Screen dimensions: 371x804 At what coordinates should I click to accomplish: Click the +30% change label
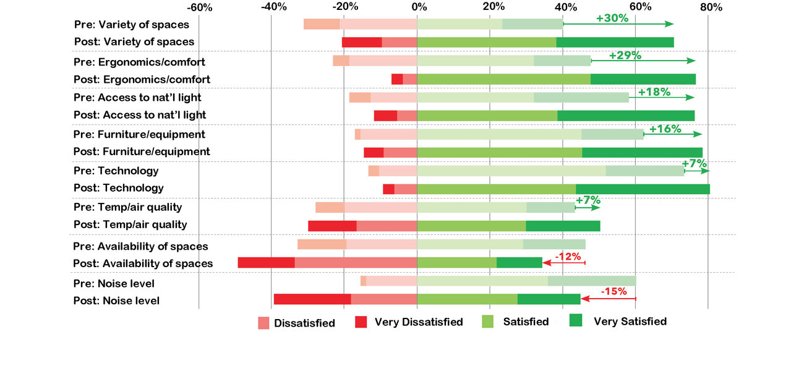pos(612,18)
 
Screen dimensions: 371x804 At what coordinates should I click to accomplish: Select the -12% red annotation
pos(567,256)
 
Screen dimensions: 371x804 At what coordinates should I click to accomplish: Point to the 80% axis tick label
pos(711,7)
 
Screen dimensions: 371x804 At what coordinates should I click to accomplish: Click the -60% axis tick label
pos(199,7)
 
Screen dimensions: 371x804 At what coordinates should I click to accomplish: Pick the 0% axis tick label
pos(418,7)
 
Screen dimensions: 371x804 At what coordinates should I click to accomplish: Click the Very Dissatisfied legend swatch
pos(362,322)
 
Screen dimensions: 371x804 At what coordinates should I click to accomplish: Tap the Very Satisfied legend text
pos(630,322)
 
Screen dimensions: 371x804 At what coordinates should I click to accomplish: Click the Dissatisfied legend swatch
pos(264,322)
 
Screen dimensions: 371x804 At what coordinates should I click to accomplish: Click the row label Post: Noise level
pos(116,301)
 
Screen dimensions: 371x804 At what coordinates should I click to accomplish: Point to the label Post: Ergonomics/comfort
pos(142,79)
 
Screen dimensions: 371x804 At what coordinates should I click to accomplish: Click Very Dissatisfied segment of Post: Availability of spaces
pos(266,263)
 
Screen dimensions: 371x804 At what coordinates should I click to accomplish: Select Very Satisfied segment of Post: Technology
pos(643,189)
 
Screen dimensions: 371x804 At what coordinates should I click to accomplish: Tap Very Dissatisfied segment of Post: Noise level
pos(312,299)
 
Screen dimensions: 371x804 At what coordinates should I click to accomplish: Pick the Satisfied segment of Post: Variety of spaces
pos(487,42)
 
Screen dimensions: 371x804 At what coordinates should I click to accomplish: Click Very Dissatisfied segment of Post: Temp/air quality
pos(332,225)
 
